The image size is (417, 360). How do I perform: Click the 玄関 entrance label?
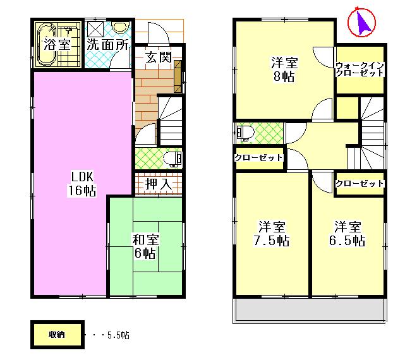pos(159,57)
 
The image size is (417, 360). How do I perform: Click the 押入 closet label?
pos(158,184)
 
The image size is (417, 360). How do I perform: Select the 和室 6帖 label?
pos(145,246)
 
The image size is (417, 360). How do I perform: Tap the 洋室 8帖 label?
pos(284,70)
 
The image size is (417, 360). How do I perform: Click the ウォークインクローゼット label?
pos(360,69)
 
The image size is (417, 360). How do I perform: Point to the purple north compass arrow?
pos(362,23)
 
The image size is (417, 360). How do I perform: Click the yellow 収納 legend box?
pos(56,335)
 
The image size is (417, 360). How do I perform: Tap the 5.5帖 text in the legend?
pos(118,335)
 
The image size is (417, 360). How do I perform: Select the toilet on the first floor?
pos(172,157)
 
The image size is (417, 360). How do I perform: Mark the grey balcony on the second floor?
pos(310,309)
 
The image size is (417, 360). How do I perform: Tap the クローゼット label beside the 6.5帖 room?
pos(360,183)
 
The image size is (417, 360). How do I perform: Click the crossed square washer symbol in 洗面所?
pos(95,29)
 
